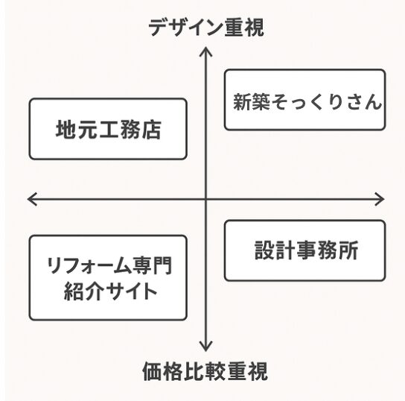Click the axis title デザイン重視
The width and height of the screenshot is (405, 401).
pos(205,28)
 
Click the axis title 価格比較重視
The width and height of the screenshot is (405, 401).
pos(205,370)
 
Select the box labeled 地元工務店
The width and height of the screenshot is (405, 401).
pos(108,128)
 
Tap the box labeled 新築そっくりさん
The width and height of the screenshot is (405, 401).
pos(304,100)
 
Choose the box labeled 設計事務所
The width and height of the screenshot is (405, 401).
pos(304,250)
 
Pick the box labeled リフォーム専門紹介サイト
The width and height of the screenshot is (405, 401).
pos(108,277)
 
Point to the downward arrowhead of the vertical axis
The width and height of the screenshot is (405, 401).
pos(205,348)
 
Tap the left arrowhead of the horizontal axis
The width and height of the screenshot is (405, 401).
pos(31,199)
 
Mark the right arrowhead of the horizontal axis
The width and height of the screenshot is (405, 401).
pos(381,199)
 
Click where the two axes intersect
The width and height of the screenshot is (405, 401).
pos(205,199)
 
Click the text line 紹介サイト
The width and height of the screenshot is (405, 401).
pos(108,291)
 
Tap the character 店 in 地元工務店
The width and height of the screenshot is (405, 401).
pos(151,130)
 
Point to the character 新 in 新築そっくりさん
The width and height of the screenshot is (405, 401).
pos(243,101)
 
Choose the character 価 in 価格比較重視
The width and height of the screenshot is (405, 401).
pos(152,370)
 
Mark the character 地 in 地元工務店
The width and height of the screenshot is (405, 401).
pos(66,130)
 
